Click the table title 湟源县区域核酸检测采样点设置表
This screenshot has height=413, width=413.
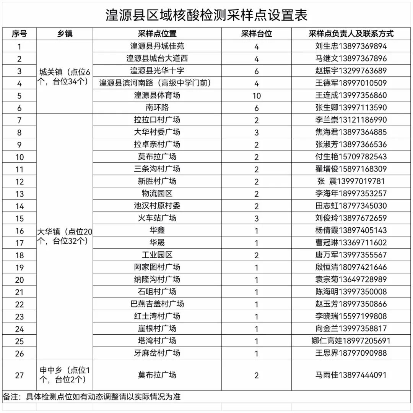(x=206, y=15)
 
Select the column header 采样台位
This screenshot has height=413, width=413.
(x=256, y=34)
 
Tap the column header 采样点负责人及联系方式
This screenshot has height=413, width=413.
(x=351, y=34)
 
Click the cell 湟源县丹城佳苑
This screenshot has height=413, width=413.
(x=157, y=46)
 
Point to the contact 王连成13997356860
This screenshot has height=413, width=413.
(x=351, y=95)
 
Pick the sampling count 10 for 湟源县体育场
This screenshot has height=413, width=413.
(x=256, y=96)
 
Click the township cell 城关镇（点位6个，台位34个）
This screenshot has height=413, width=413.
(x=64, y=76)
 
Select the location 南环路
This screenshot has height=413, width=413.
(x=157, y=107)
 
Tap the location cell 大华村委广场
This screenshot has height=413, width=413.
(x=157, y=132)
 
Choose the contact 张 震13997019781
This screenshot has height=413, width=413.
(x=351, y=181)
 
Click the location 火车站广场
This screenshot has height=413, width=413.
(x=157, y=218)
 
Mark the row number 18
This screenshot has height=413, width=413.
(x=20, y=255)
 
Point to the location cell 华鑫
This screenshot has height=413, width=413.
(x=157, y=230)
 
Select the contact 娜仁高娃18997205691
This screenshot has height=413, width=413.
(x=351, y=341)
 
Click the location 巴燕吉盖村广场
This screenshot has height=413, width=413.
(x=157, y=304)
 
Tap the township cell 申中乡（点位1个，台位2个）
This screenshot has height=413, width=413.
(x=64, y=375)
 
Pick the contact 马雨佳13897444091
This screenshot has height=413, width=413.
(x=351, y=375)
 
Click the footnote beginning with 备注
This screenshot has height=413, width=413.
(x=92, y=397)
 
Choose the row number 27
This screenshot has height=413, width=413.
(x=20, y=375)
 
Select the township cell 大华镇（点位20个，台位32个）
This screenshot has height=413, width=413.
(x=64, y=236)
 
